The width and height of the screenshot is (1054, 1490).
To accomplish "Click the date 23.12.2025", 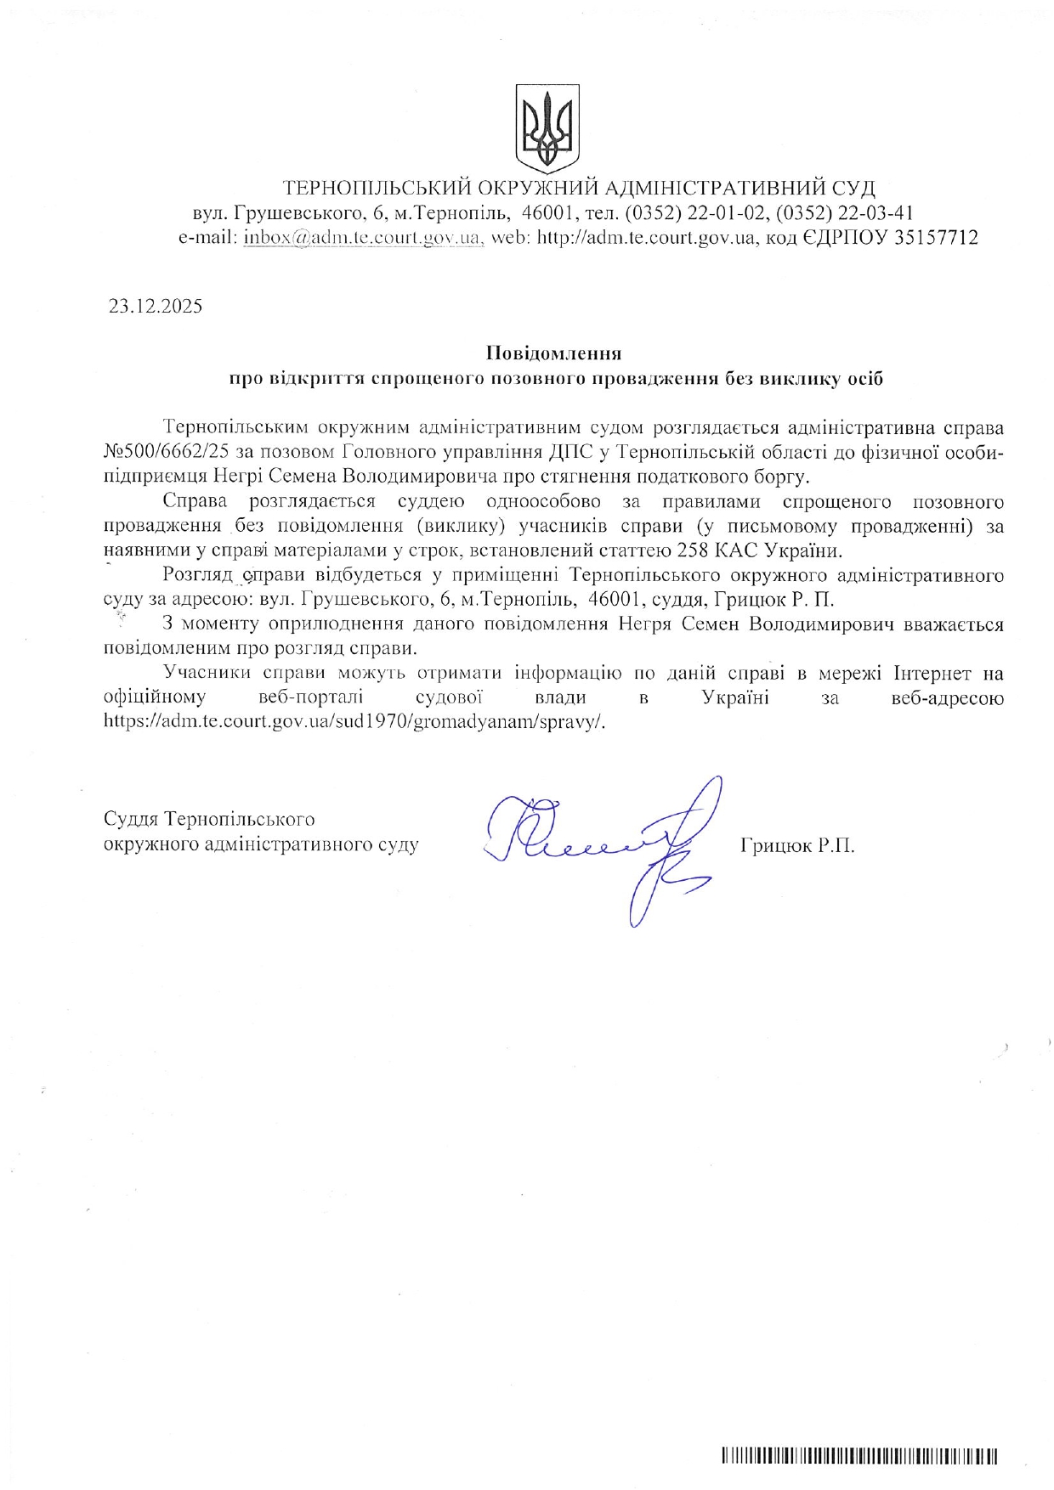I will point(156,307).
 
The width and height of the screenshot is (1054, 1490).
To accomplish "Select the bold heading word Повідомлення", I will point(553,353).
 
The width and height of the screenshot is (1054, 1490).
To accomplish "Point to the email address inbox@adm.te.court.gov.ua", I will point(364,238).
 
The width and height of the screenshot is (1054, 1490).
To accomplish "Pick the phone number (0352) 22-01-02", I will point(697,212).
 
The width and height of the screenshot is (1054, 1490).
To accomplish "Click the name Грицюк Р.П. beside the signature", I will point(797,845).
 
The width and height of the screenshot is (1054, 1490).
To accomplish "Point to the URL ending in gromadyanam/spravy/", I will point(354,722).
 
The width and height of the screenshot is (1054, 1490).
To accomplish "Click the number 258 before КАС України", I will point(693,550).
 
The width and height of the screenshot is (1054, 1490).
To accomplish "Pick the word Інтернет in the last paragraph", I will point(932,674).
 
